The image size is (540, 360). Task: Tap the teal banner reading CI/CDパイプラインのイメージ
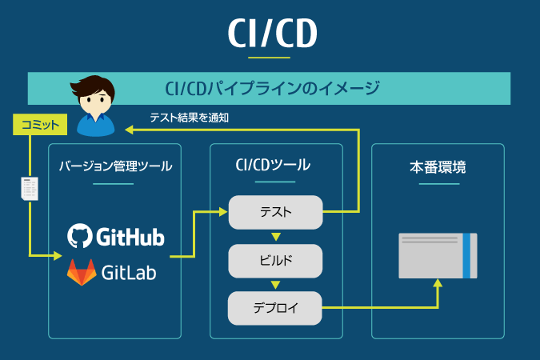point(270,87)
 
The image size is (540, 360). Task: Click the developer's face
point(94,102)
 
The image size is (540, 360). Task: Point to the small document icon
point(29,189)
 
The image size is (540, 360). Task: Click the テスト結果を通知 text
point(190,117)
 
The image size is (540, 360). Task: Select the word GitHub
point(130,237)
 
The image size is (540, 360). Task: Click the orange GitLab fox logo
point(80,272)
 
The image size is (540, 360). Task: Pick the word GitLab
point(129,273)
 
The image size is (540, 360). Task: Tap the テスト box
point(275,212)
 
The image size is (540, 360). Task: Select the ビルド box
point(275,260)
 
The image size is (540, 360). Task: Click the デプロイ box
point(275,308)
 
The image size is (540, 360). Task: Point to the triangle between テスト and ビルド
point(275,237)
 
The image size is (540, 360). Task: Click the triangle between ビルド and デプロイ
point(275,285)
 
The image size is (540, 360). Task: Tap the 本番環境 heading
point(438,167)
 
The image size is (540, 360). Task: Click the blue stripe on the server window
point(467,256)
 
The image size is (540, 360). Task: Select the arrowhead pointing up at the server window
point(438,283)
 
